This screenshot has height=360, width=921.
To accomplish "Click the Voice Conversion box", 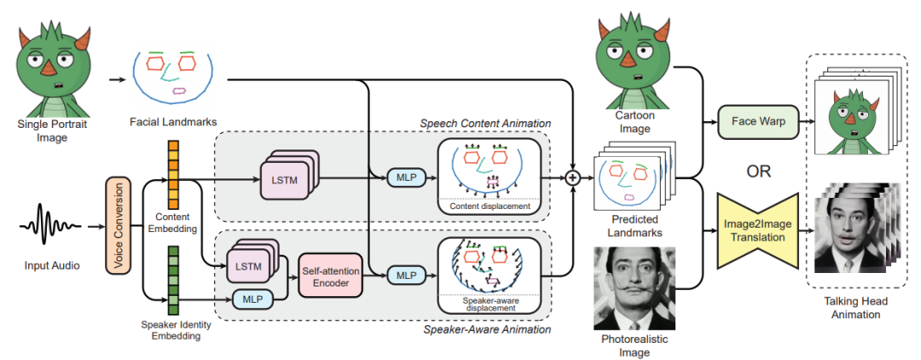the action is point(117,225).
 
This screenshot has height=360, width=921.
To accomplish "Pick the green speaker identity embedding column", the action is point(173,281).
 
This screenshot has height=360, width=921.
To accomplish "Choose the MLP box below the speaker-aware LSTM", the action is point(253,299).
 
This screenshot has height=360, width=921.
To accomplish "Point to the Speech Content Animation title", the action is point(486,124).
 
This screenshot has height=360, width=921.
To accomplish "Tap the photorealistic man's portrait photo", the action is point(634,289).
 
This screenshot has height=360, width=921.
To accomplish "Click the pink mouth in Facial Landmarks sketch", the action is point(179,91).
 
